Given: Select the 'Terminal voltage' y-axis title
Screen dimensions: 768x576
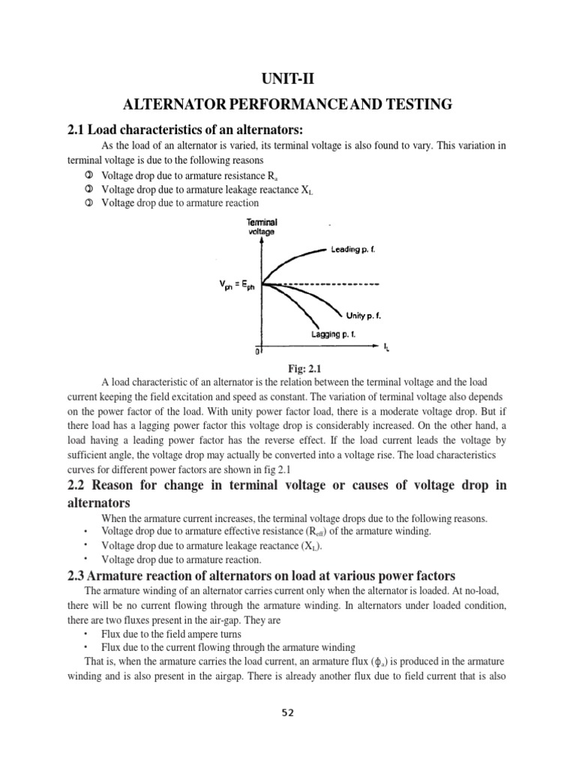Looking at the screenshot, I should [262, 227].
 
